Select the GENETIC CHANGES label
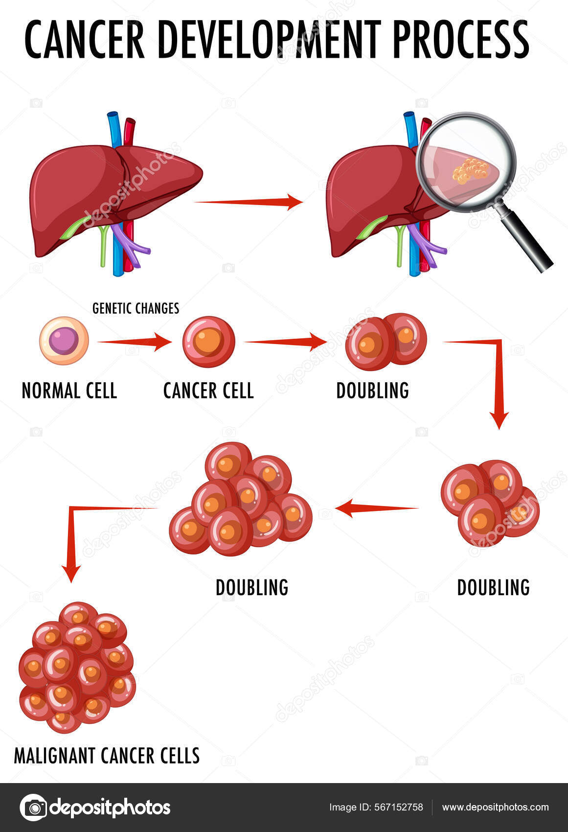(x=136, y=308)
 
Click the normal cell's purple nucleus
(x=64, y=341)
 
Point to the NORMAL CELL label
(x=69, y=391)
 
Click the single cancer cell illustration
(x=209, y=342)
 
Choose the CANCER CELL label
(x=208, y=391)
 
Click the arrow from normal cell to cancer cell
(x=134, y=342)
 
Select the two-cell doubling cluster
(x=386, y=341)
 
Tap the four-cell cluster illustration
(x=489, y=503)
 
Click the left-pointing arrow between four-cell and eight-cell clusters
(x=377, y=508)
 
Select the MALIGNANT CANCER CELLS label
(x=107, y=756)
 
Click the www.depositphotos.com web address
(x=495, y=808)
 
